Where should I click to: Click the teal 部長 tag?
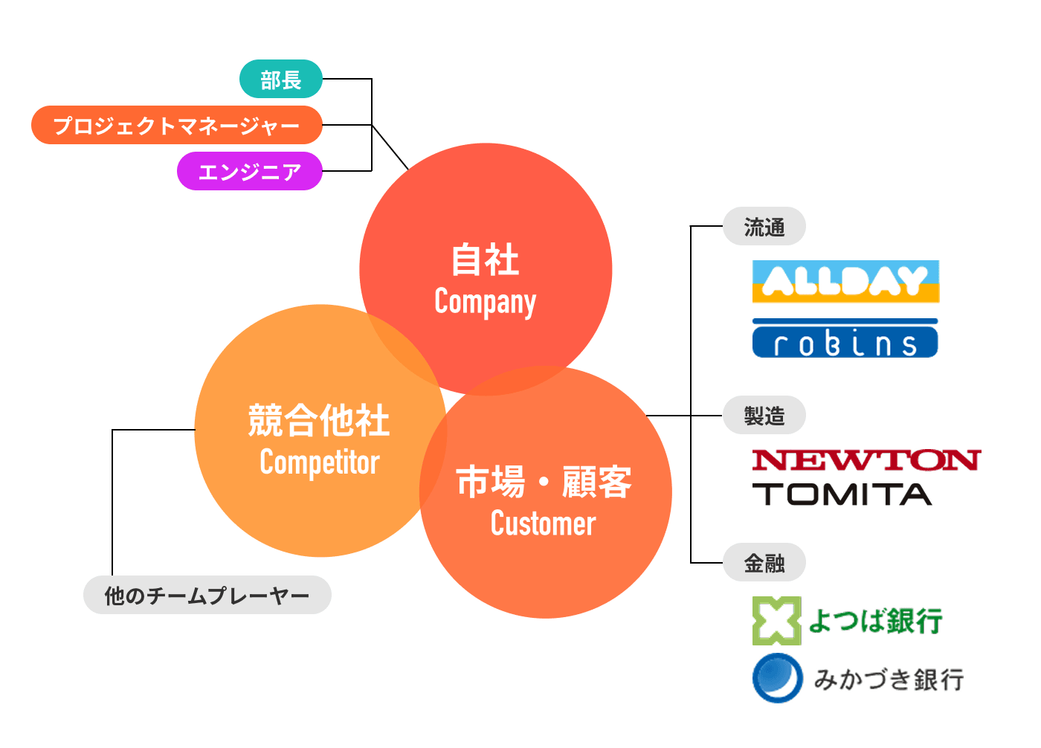[x=280, y=79]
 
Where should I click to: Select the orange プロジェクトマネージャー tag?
[x=176, y=125]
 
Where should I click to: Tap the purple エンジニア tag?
[x=249, y=171]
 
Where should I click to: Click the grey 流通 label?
[x=764, y=226]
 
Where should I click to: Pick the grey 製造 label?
[x=764, y=415]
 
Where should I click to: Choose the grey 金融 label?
[x=764, y=563]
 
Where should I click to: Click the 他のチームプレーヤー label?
[x=207, y=595]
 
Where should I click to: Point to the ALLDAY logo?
[x=845, y=281]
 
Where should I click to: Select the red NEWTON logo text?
[x=866, y=460]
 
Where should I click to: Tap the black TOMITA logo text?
[x=842, y=494]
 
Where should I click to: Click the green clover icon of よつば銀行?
[x=776, y=621]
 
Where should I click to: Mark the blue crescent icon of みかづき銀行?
[x=777, y=677]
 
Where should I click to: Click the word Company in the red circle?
[x=485, y=302]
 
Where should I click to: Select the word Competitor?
[x=320, y=462]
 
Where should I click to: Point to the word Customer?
[x=543, y=523]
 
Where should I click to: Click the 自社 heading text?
[x=485, y=260]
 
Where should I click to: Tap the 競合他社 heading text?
[x=319, y=421]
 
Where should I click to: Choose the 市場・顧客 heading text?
[x=544, y=482]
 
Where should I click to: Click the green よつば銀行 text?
[x=875, y=621]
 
